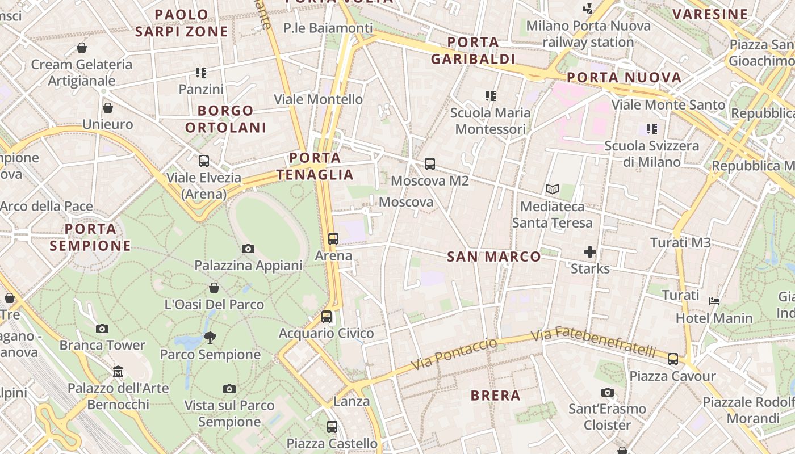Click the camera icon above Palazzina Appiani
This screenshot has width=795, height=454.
coord(248,249)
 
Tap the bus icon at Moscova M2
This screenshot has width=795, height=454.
coord(430,164)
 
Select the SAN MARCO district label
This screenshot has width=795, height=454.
coord(494,257)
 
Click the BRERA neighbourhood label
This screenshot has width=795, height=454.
coord(495,396)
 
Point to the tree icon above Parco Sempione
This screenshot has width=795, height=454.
coord(210,338)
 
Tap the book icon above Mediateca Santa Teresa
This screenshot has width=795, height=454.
coord(552,190)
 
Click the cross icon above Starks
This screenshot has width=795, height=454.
coord(590,251)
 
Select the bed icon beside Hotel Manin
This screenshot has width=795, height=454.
coord(714,301)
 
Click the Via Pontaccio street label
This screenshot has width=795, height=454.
coord(454,354)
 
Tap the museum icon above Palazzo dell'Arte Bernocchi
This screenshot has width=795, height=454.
coord(118,372)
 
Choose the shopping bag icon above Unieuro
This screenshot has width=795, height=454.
coord(108,107)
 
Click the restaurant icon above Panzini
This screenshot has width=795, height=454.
coord(201,73)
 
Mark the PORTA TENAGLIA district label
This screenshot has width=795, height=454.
coord(315,166)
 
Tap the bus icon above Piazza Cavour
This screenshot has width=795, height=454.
coord(673,359)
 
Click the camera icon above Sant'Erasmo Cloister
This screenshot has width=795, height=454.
coord(608,392)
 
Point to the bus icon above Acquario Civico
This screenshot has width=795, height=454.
coord(327,317)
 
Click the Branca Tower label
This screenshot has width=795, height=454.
coord(102,345)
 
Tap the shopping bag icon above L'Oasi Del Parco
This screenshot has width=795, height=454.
coord(214,288)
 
